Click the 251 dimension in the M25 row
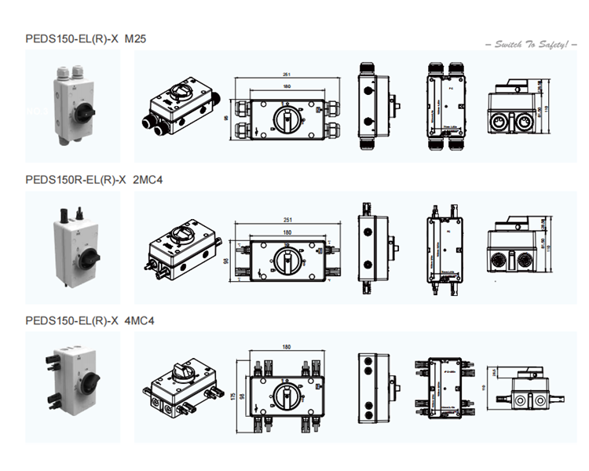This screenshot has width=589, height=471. pos(286,75)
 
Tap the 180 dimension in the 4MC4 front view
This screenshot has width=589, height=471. pos(287,347)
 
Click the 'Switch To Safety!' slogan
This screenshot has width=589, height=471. pos(531,45)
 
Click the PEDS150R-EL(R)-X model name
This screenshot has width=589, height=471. pos(75,180)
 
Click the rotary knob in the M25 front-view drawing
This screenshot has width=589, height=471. pos(286,120)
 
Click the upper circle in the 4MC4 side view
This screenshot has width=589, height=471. pos(368,365)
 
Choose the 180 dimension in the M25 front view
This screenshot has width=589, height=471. pos(286,86)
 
